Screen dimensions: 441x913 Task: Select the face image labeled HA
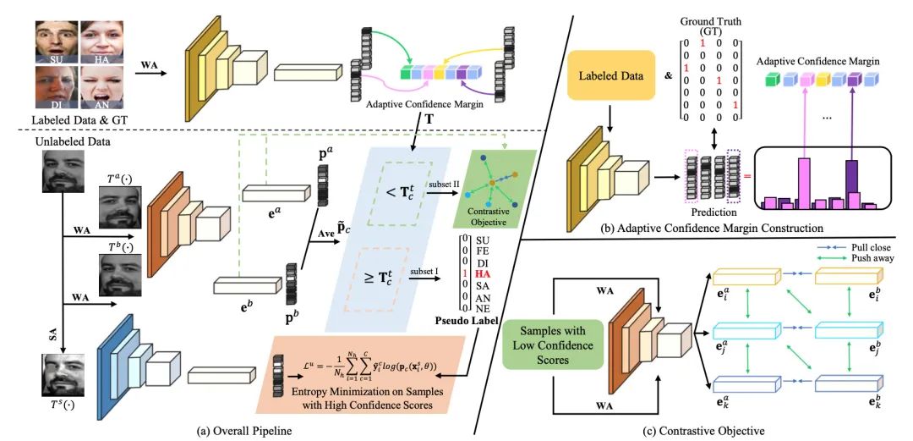tap(101, 39)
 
